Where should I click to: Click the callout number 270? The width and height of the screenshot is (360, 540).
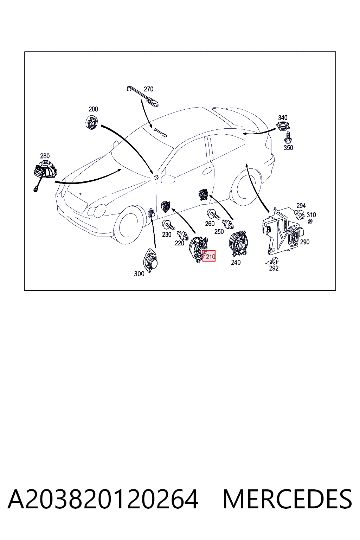(x=148, y=89)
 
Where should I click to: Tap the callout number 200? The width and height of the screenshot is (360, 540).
(x=93, y=109)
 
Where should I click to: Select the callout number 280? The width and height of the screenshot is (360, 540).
(x=45, y=156)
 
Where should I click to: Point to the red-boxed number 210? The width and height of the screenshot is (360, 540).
(x=209, y=256)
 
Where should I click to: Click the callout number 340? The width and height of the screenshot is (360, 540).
(x=283, y=118)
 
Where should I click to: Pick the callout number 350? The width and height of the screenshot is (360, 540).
(x=288, y=148)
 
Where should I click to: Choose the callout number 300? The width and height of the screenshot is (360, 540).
(x=139, y=274)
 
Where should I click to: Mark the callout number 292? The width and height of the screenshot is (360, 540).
(x=274, y=268)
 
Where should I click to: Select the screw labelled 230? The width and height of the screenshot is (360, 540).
(x=168, y=225)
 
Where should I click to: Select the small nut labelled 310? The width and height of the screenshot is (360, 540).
(x=310, y=221)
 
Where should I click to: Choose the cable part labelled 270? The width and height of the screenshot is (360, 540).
(x=143, y=96)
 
